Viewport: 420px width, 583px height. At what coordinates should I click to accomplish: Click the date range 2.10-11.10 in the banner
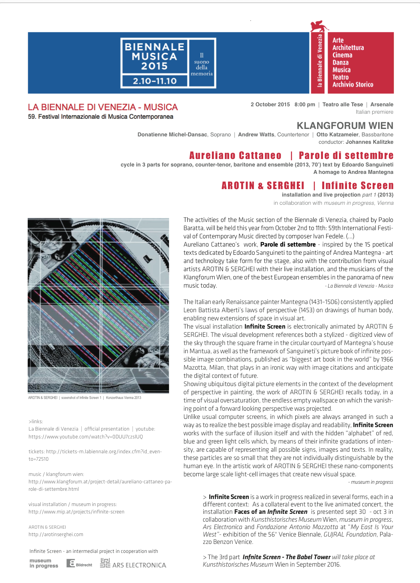click(155, 81)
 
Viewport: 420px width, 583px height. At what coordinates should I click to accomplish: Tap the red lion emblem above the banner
click(319, 26)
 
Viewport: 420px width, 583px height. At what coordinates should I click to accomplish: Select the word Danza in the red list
click(340, 63)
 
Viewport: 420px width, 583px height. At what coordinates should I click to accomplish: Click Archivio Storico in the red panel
click(353, 84)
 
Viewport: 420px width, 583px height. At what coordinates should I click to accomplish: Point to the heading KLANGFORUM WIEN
click(345, 126)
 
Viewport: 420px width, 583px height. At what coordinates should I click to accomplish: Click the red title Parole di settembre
click(346, 156)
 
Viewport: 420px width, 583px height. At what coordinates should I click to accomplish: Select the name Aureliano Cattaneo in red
click(235, 156)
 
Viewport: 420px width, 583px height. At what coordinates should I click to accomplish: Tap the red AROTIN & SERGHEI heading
click(263, 186)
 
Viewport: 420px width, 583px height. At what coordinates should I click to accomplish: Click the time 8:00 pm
click(305, 105)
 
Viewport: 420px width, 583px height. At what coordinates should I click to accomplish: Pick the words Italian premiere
click(374, 112)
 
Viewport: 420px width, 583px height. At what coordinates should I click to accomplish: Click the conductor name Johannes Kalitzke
click(369, 142)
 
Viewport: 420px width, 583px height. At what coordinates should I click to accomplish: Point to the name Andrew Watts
click(256, 135)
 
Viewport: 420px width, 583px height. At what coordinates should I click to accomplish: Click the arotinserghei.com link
click(56, 535)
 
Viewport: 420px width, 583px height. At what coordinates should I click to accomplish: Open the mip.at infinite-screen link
click(76, 512)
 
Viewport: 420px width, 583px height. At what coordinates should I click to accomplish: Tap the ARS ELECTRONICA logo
click(133, 563)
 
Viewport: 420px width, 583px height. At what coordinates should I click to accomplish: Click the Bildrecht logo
click(79, 563)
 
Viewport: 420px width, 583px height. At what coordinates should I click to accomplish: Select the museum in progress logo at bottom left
click(43, 563)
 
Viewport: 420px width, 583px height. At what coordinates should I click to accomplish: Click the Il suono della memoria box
click(202, 63)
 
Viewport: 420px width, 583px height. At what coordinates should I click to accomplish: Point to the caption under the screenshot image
click(84, 398)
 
